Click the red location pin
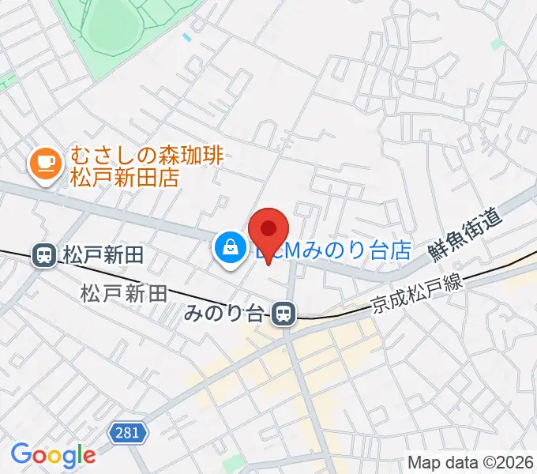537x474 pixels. [x=268, y=229]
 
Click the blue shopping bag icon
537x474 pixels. [x=228, y=249]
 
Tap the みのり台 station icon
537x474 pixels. [x=283, y=314]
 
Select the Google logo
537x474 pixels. [x=53, y=455]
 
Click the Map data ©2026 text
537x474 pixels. [x=470, y=462]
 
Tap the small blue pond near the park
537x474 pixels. [x=186, y=36]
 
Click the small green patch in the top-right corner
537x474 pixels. [x=496, y=44]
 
